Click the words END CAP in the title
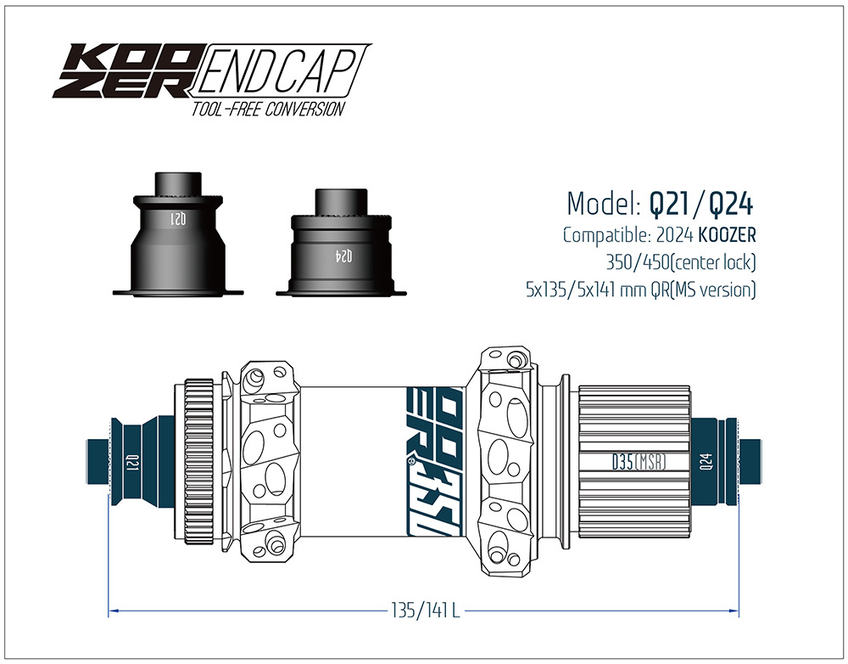point(278,71)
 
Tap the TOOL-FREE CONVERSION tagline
point(268,109)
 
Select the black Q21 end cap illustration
point(178,234)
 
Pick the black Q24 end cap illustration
point(341,242)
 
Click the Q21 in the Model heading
point(669,204)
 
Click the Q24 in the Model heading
point(731,204)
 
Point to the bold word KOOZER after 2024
point(727,235)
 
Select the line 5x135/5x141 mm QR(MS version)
point(641,290)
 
